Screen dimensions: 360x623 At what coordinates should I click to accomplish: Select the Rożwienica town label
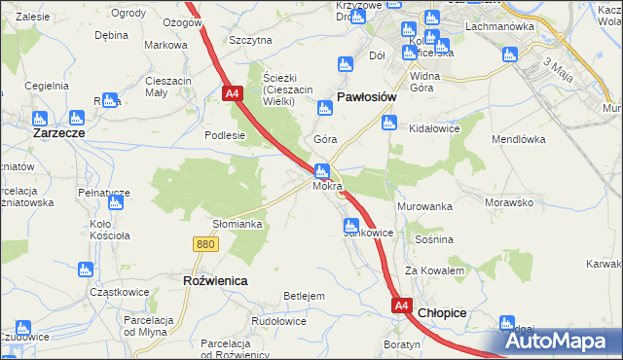[215, 280]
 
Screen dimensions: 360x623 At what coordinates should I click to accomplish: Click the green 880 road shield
[204, 245]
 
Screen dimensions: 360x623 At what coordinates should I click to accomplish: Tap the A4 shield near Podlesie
[232, 94]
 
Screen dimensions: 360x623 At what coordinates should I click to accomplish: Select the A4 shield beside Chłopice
[402, 306]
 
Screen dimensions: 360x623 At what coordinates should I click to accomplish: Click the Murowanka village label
[425, 207]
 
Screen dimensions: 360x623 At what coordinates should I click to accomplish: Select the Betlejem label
[303, 295]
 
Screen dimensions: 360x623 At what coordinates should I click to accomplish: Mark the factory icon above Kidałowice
[389, 123]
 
